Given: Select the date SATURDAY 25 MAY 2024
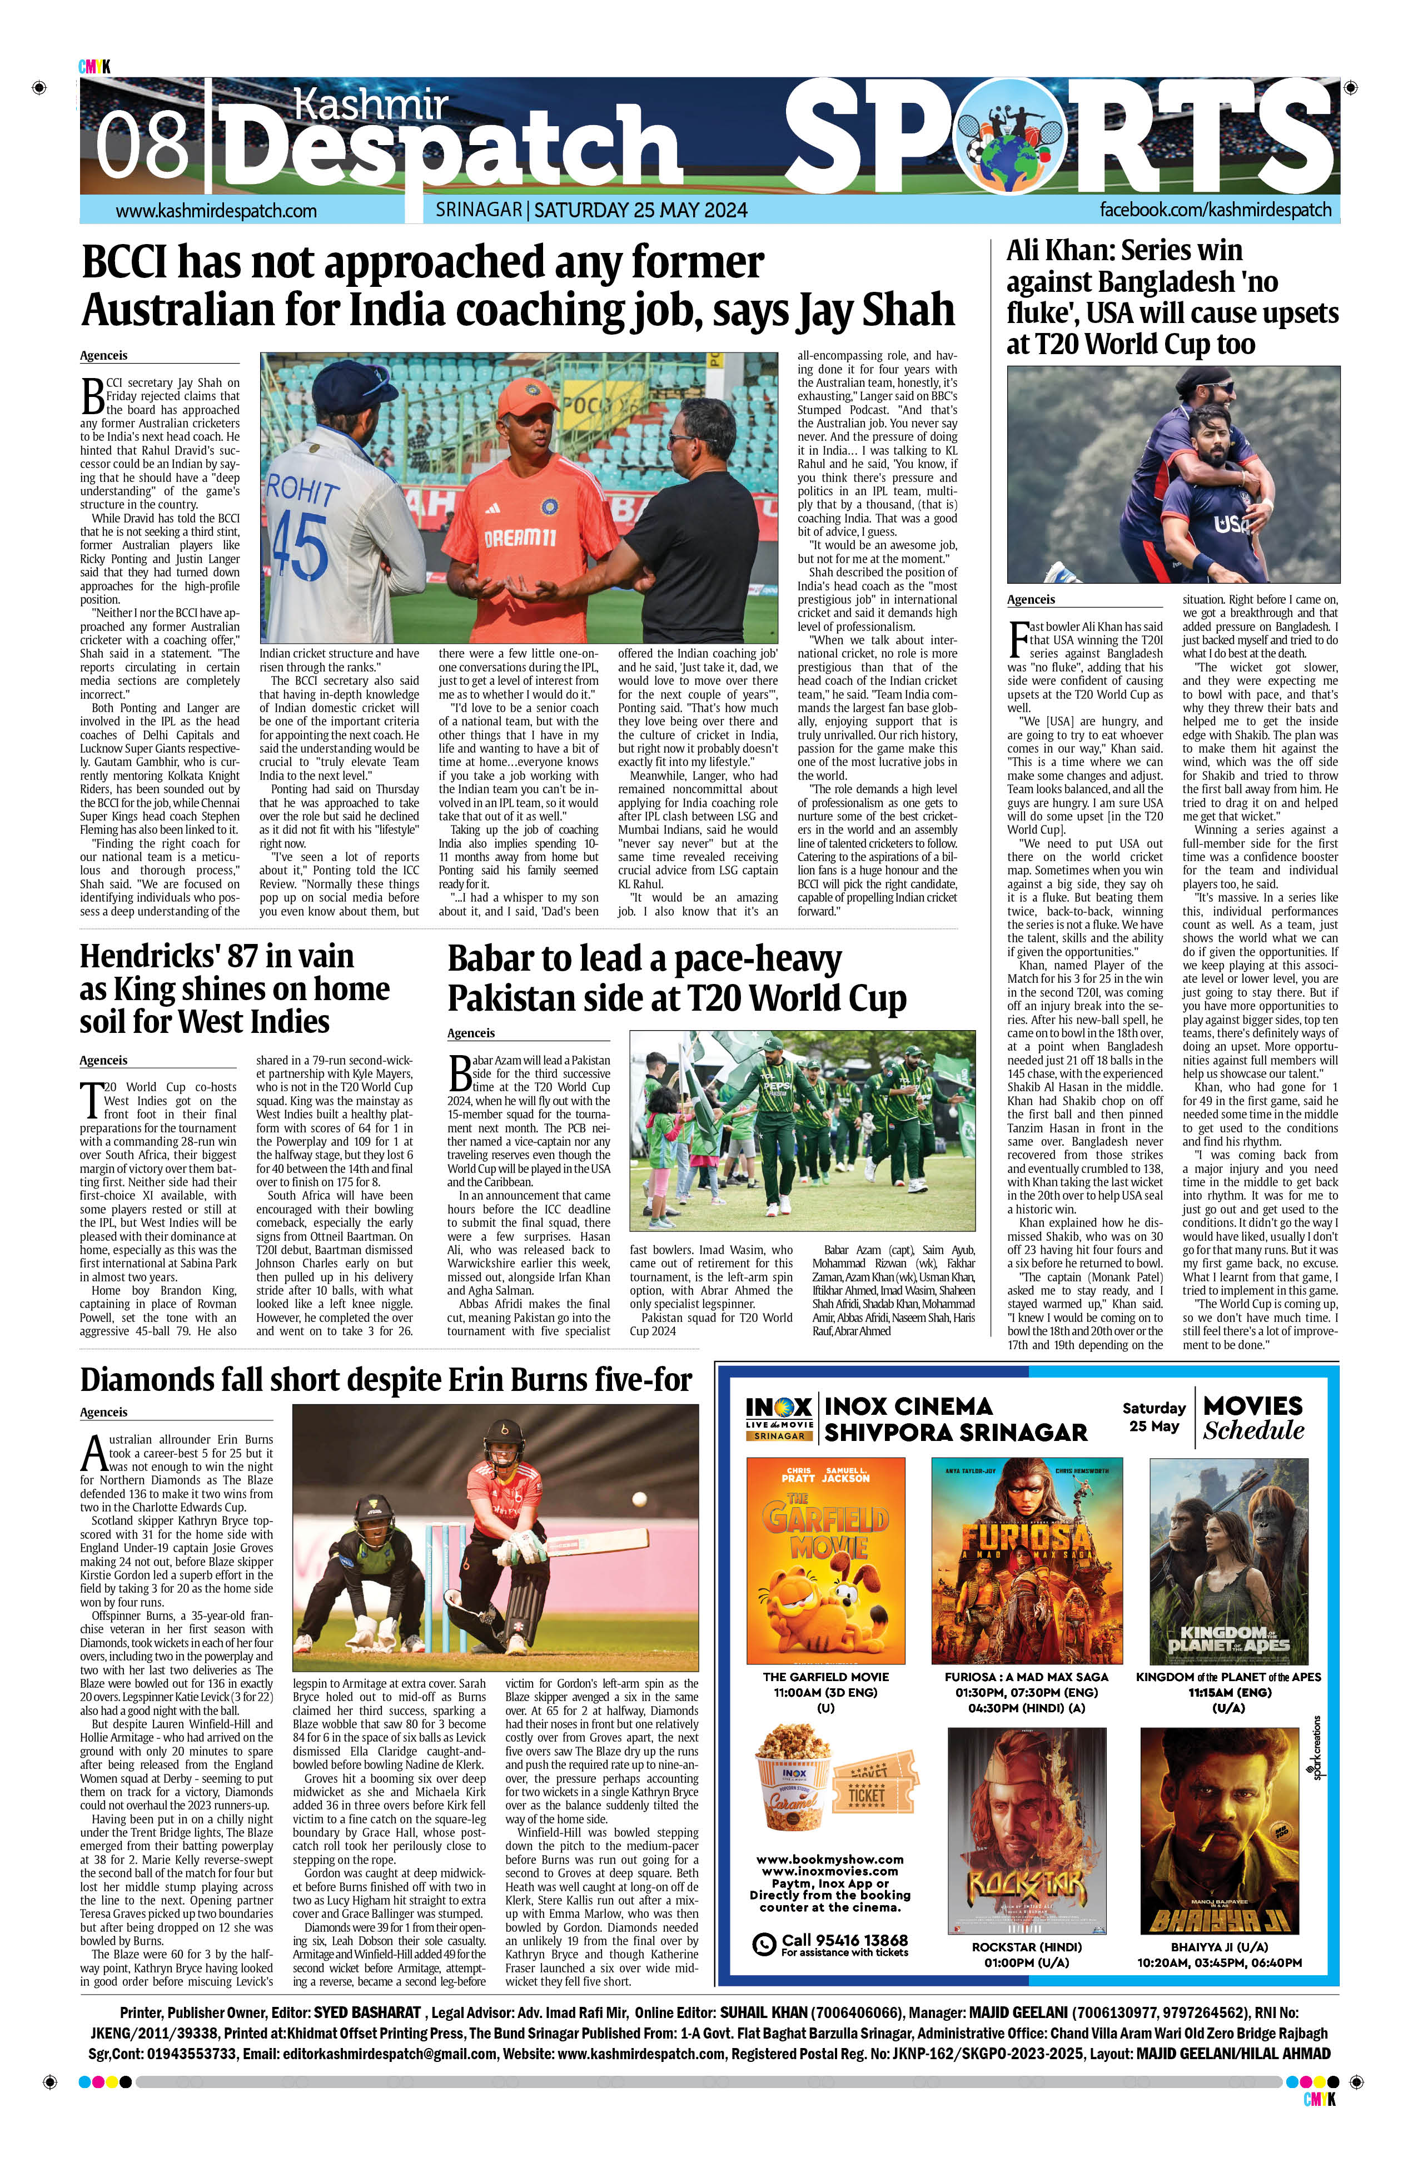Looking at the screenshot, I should (x=640, y=210).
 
